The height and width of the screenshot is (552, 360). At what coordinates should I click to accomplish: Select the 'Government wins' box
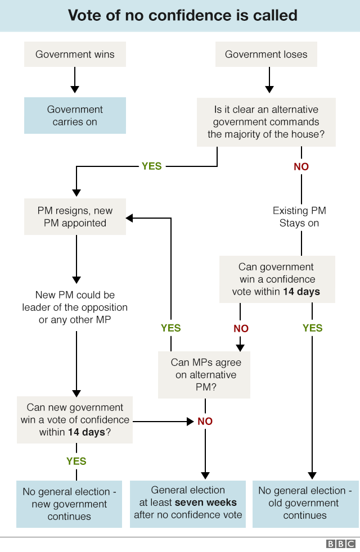tap(75, 55)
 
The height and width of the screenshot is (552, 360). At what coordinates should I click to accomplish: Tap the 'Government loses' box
tap(266, 55)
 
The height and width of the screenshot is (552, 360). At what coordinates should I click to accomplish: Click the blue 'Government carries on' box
tap(75, 116)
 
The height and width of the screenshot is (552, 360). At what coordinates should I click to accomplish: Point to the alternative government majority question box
tap(266, 122)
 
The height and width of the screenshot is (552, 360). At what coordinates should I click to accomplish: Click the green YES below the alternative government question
tap(151, 166)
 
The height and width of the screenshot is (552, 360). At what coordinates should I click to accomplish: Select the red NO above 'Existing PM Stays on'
tap(301, 167)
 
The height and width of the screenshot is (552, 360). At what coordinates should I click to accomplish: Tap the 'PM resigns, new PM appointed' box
tap(75, 217)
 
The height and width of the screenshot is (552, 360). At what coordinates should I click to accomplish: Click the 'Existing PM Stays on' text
tap(299, 217)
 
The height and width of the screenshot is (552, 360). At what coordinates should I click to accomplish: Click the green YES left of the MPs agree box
tap(171, 328)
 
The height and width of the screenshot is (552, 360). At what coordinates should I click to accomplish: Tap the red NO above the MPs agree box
tap(241, 328)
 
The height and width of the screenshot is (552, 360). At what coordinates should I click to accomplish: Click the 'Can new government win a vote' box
tap(75, 420)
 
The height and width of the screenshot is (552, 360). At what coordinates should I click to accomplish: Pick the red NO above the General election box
tap(205, 421)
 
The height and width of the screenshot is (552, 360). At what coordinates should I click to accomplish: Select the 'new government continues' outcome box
tap(69, 504)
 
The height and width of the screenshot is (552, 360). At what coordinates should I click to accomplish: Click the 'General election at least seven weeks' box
tap(188, 503)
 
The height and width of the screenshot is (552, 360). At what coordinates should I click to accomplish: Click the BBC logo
tap(340, 544)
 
